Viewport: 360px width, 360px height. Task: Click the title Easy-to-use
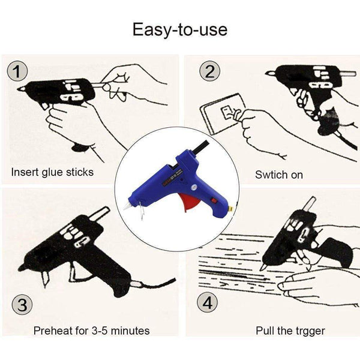point(180,29)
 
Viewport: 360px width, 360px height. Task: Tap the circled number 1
point(19,72)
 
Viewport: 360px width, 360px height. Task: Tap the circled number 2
point(209,72)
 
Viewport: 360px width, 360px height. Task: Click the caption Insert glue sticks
point(53,172)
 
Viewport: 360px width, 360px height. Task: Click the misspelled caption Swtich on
point(279,175)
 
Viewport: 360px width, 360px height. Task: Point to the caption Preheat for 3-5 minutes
point(92,331)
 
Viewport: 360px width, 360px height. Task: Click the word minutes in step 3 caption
point(129,331)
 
